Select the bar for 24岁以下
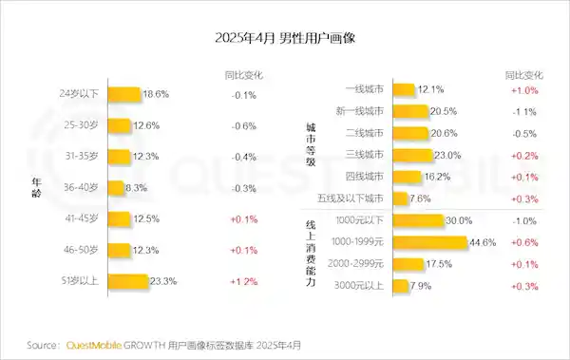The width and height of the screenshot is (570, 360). [124, 94]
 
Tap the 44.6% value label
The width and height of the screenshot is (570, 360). [483, 242]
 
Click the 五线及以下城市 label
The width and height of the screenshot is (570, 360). [352, 199]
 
